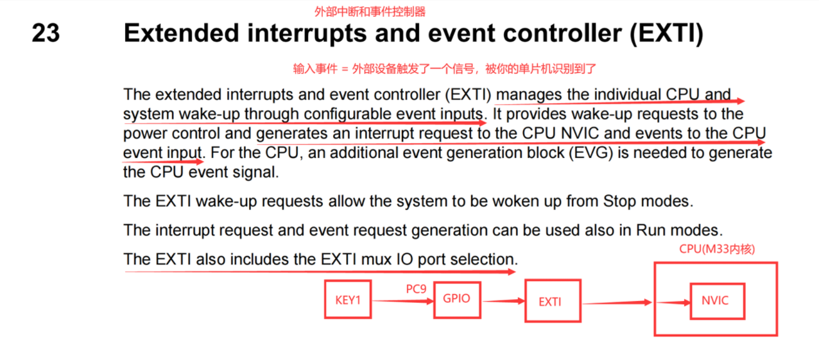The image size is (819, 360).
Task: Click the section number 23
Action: [x=46, y=33]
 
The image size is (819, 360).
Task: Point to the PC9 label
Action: [x=416, y=289]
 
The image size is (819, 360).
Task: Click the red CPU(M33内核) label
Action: [x=717, y=249]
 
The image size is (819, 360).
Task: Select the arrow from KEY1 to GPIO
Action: [x=403, y=301]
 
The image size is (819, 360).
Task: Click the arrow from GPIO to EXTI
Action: [x=503, y=301]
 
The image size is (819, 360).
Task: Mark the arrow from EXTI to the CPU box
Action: [x=617, y=303]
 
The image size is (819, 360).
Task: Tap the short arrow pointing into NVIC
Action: [x=673, y=303]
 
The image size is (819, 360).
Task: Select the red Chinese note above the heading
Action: [x=370, y=12]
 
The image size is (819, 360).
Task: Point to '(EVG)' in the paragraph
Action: [x=591, y=153]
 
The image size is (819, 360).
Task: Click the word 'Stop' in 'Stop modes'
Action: [x=620, y=201]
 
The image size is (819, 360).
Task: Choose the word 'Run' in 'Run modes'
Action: [x=651, y=230]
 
